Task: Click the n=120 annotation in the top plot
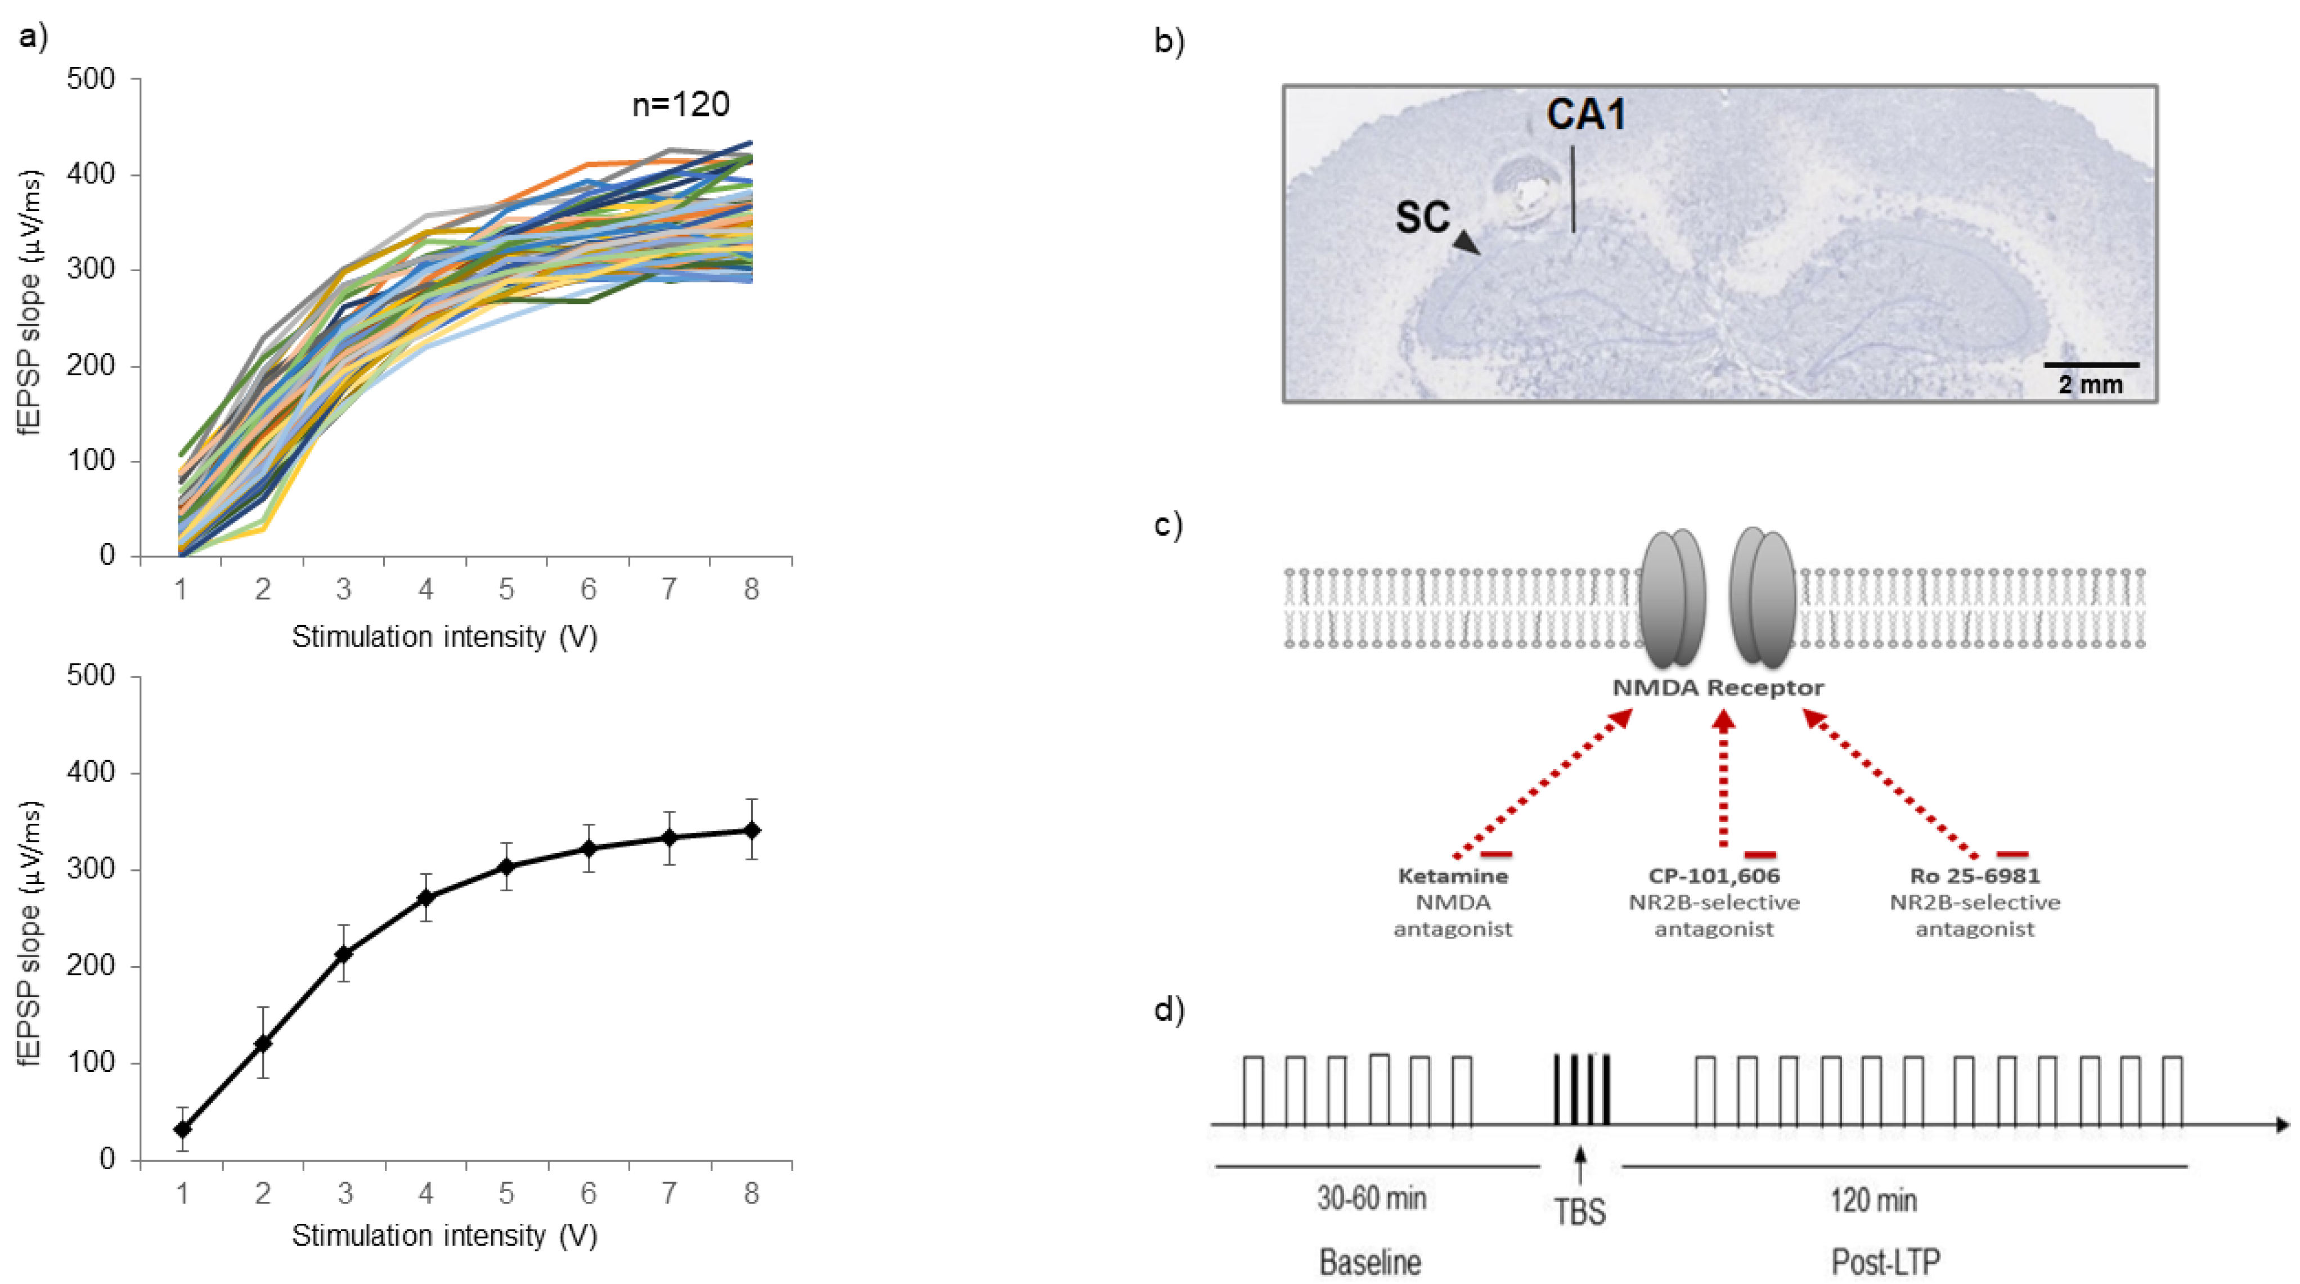click(x=680, y=105)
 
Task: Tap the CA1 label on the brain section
click(x=1585, y=114)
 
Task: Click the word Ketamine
click(x=1453, y=876)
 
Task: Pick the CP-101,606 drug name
click(x=1713, y=876)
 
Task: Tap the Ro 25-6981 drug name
click(x=1974, y=876)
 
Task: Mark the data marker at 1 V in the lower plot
click(x=182, y=1129)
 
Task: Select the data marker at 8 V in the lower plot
click(x=752, y=830)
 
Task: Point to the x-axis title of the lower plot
click(x=444, y=1236)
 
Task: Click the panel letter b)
click(x=1169, y=41)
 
